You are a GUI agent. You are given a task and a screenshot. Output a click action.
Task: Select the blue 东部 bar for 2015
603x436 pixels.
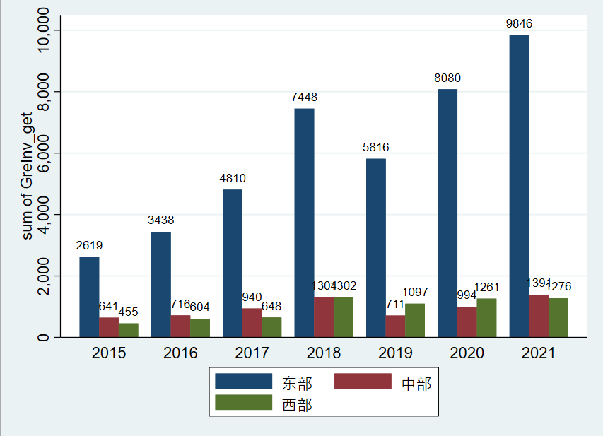[89, 297]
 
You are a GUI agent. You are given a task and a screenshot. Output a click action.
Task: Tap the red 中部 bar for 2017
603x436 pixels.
[252, 323]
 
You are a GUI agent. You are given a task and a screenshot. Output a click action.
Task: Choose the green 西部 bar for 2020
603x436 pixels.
[486, 318]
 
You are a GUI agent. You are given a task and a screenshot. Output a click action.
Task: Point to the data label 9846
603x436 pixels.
[519, 24]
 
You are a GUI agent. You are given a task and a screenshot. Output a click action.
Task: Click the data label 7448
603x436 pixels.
[304, 98]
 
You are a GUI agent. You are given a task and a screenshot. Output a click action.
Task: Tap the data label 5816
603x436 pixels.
[376, 148]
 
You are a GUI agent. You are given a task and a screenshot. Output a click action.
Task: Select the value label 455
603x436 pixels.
[128, 312]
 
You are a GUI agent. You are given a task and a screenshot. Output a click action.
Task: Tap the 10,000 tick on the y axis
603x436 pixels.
[44, 31]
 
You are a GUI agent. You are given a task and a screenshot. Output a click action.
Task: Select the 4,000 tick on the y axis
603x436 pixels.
[44, 214]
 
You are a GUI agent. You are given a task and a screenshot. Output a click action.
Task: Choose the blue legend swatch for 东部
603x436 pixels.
[243, 382]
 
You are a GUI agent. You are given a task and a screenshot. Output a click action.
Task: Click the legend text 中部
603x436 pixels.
[416, 384]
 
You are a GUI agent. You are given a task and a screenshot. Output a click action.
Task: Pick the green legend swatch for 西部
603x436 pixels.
[243, 403]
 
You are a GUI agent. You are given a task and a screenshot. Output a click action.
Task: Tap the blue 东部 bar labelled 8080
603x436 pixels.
[447, 213]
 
